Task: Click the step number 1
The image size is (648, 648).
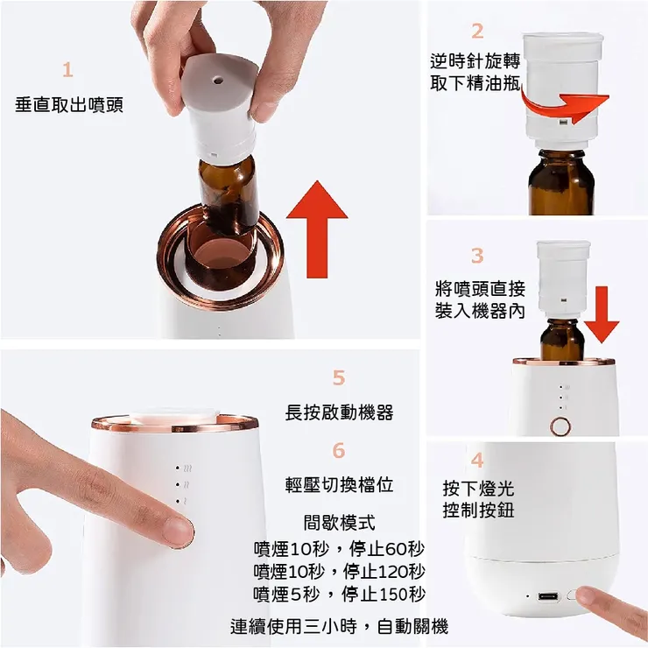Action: (x=68, y=70)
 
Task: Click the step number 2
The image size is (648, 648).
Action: (x=477, y=32)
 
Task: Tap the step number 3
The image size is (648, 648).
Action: (x=477, y=256)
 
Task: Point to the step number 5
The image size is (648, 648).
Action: (x=339, y=378)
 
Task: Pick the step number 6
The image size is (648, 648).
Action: (x=339, y=451)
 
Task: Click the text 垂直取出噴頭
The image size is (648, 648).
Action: (x=69, y=105)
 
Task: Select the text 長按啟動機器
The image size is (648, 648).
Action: (x=339, y=412)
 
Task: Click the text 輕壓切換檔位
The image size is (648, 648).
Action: (x=339, y=485)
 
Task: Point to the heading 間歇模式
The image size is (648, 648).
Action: (x=339, y=524)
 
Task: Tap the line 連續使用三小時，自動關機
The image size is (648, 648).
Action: (x=339, y=627)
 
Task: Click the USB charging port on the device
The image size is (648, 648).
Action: (x=548, y=597)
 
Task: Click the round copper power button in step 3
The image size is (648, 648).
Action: (x=558, y=427)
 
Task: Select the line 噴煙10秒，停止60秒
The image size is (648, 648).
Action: (x=339, y=549)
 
